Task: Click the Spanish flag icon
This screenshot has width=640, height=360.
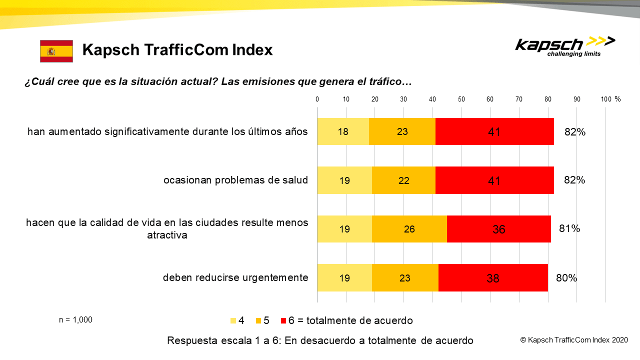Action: pyautogui.click(x=56, y=51)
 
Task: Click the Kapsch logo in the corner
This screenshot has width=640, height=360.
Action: pyautogui.click(x=565, y=47)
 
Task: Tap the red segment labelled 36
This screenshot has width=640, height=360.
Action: pyautogui.click(x=499, y=229)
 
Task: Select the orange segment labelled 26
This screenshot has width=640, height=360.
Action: pyautogui.click(x=409, y=229)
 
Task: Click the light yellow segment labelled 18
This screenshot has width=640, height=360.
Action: pyautogui.click(x=343, y=131)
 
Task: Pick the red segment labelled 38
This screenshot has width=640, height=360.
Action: pyautogui.click(x=493, y=277)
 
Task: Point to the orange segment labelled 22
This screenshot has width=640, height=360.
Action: pyautogui.click(x=403, y=180)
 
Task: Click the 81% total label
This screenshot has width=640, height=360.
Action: pyautogui.click(x=569, y=228)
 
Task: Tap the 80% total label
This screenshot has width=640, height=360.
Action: pyautogui.click(x=566, y=277)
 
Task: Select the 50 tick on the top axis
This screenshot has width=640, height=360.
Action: pyautogui.click(x=461, y=99)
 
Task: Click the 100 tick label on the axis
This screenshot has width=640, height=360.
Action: pyautogui.click(x=606, y=99)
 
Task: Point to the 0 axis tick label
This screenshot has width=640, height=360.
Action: pyautogui.click(x=317, y=99)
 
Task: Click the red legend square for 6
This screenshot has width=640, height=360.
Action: pyautogui.click(x=283, y=321)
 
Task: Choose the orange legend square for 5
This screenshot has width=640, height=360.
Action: pyautogui.click(x=258, y=321)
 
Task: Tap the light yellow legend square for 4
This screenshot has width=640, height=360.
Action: pyautogui.click(x=233, y=321)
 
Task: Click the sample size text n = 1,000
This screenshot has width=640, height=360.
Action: pyautogui.click(x=75, y=319)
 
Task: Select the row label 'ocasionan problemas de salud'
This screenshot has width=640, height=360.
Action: pyautogui.click(x=235, y=180)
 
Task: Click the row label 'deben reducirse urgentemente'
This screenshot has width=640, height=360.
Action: pyautogui.click(x=235, y=277)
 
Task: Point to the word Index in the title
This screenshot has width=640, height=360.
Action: pyautogui.click(x=252, y=49)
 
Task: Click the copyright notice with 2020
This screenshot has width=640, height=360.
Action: pyautogui.click(x=574, y=340)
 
